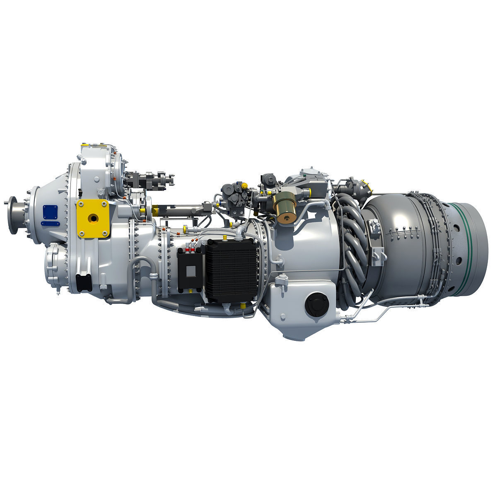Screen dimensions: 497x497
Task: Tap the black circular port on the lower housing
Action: point(316,304)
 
